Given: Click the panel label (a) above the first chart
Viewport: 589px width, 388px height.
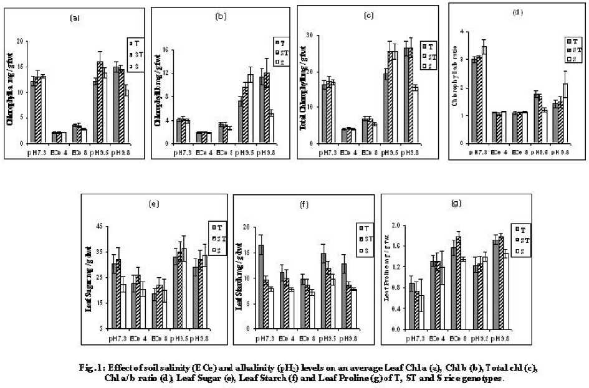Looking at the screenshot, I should click(75, 19).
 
